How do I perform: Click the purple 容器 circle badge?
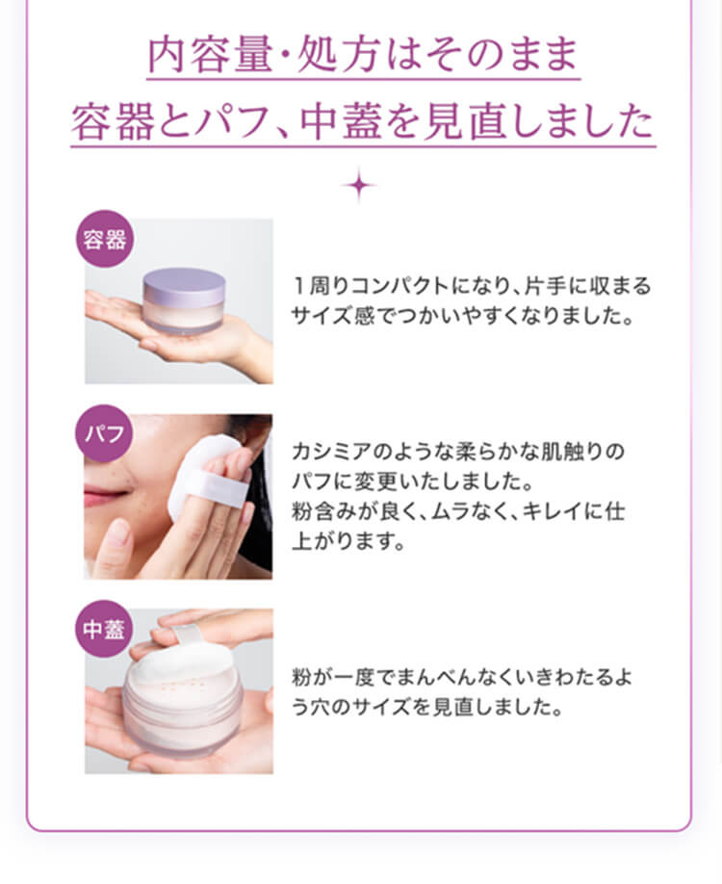(x=105, y=239)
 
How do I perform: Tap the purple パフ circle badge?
(x=104, y=433)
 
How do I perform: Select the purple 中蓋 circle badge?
(x=104, y=629)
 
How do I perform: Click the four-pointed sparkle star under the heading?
(x=359, y=185)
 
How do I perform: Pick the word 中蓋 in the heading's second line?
(x=342, y=121)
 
